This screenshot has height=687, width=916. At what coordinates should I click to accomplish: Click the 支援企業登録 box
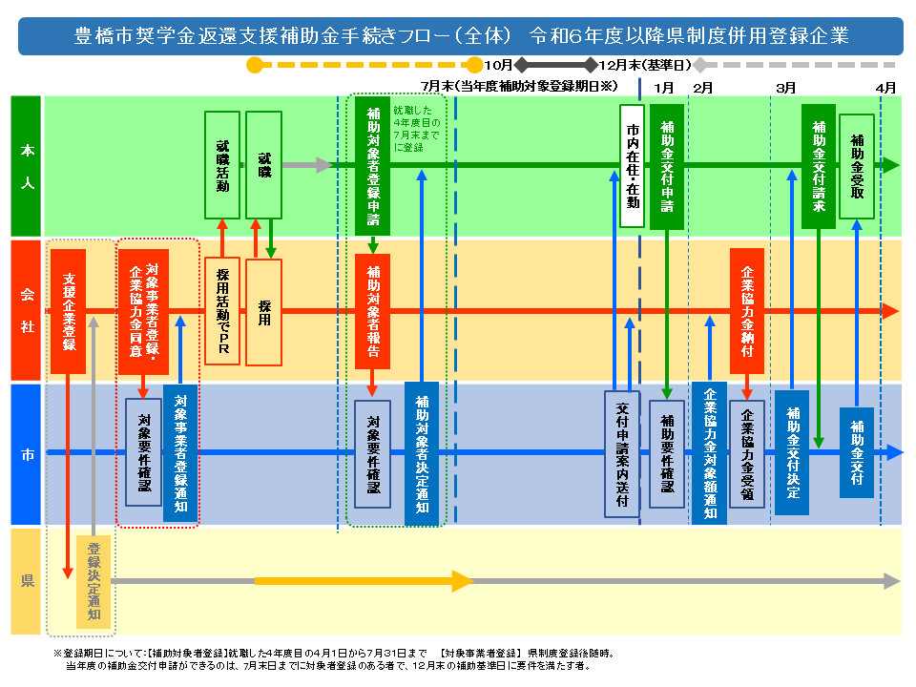pos(69,311)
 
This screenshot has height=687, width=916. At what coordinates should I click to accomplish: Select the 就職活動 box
pos(222,165)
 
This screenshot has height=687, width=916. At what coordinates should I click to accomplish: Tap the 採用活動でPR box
pos(222,311)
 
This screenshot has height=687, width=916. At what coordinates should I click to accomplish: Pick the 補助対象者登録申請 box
pos(373,166)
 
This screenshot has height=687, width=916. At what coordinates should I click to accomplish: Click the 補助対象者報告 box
pos(373,311)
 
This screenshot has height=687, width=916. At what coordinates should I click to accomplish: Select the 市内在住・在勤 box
pos(632,166)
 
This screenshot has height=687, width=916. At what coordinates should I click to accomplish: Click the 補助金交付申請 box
pos(667,166)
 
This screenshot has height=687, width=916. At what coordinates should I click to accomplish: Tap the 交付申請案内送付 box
pos(622,454)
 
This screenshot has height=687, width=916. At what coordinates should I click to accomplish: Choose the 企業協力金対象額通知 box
pos(709,453)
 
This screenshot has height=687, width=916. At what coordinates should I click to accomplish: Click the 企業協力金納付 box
pos(747,311)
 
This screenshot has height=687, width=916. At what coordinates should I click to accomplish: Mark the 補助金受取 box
pos(857,166)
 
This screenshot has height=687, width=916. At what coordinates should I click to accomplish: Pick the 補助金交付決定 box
pos(792,452)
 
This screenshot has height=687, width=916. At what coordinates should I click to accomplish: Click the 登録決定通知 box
pos(94,582)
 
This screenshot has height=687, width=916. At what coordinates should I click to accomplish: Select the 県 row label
pos(27,581)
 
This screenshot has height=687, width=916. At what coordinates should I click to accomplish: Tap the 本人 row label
pos(27,166)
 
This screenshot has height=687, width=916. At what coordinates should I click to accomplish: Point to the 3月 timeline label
pos(785,88)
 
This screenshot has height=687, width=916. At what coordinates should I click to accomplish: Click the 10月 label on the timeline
pos(498,65)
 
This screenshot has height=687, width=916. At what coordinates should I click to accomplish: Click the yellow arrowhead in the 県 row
pos(463,581)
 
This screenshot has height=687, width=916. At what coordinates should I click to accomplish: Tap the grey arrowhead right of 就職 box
pos(324,165)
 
